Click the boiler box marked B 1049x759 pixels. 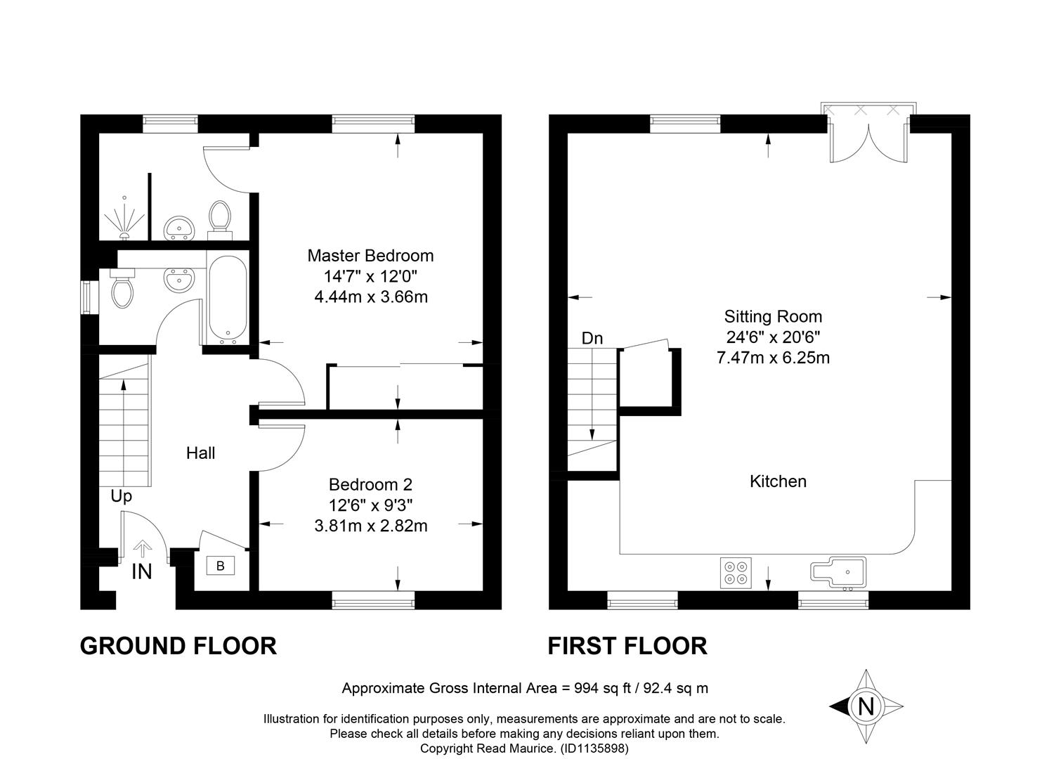(x=221, y=566)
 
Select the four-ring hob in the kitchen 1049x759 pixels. (x=736, y=573)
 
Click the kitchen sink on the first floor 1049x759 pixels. (x=838, y=572)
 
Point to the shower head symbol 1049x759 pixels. (x=124, y=219)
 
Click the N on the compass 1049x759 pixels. (x=866, y=706)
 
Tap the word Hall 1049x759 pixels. (x=200, y=453)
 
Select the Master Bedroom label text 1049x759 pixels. (x=370, y=255)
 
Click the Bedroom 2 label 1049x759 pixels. (x=370, y=484)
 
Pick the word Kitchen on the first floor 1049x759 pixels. (x=778, y=481)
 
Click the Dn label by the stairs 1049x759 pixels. (x=592, y=338)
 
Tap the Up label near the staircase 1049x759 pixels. (x=122, y=496)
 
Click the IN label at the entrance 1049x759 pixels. (x=142, y=571)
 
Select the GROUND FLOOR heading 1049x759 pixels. (x=178, y=646)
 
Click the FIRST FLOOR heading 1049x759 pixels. (x=627, y=646)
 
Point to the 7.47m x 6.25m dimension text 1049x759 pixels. (x=773, y=358)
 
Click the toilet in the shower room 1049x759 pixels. (x=220, y=220)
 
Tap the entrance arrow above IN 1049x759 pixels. (x=143, y=549)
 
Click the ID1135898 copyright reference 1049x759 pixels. (x=594, y=748)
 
